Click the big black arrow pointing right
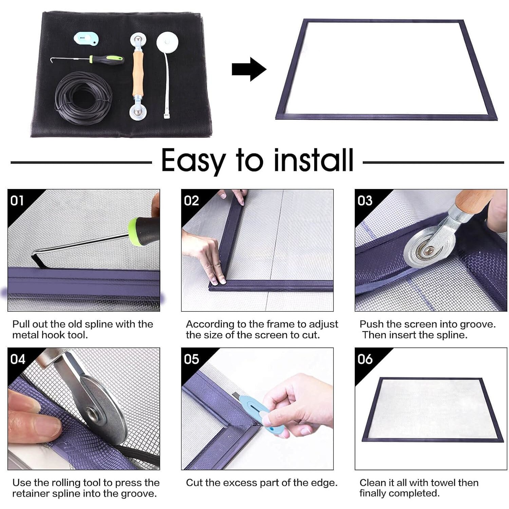click(249, 69)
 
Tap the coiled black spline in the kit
click(83, 98)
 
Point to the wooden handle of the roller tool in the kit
click(138, 73)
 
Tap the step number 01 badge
click(17, 201)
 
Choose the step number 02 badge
click(191, 201)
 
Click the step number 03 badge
click(365, 201)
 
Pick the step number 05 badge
click(191, 359)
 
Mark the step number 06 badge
click(365, 359)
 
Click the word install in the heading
click(313, 160)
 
